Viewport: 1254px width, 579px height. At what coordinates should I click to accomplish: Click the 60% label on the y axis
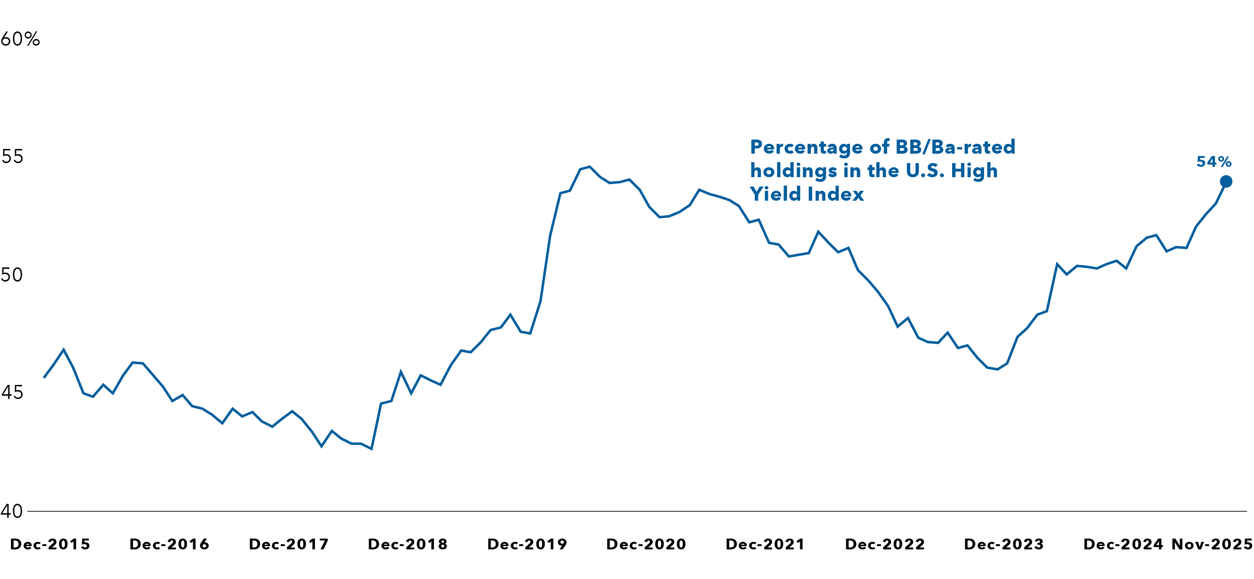click(x=20, y=39)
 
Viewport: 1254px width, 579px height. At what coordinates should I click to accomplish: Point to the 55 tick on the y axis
click(x=12, y=156)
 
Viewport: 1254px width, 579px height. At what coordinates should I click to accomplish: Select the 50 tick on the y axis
click(x=12, y=275)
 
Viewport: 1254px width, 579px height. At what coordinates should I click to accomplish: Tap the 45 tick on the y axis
click(x=12, y=392)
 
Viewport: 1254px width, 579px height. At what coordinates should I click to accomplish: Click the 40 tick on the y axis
click(x=12, y=511)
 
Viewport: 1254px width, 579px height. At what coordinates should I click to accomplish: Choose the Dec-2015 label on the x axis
click(x=50, y=544)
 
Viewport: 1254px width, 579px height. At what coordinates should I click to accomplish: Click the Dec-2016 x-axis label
click(x=169, y=544)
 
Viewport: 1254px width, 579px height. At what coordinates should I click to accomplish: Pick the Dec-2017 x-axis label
click(x=289, y=544)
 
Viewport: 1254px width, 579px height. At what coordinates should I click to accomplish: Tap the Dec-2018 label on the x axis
click(x=408, y=544)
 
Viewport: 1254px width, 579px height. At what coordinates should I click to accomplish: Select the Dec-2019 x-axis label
click(x=527, y=544)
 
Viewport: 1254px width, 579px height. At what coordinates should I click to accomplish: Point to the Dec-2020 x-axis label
click(x=646, y=544)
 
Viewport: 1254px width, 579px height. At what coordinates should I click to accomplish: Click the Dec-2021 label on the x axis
click(x=765, y=544)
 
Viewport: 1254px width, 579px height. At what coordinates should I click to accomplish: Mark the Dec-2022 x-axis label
click(x=885, y=544)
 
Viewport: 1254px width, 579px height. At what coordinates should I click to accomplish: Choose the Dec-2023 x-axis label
click(x=1004, y=544)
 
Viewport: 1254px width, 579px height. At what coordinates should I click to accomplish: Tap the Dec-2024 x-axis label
click(x=1123, y=544)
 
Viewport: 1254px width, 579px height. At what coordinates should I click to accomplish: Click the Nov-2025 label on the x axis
click(x=1212, y=544)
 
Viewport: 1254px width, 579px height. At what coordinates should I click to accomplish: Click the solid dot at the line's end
click(x=1226, y=181)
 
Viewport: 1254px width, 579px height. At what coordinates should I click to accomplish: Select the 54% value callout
click(x=1214, y=162)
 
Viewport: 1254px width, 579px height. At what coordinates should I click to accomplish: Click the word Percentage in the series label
click(x=806, y=148)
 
